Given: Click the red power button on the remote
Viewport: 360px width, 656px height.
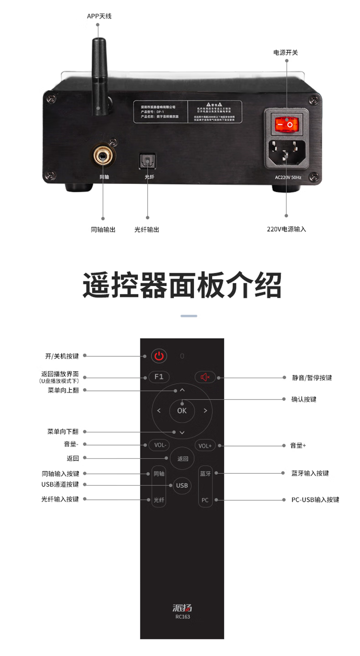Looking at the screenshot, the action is point(159,356).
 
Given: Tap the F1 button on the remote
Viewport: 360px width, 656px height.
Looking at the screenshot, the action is point(159,377).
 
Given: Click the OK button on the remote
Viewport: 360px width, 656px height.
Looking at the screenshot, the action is point(182,410).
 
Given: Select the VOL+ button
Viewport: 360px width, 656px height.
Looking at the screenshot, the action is point(205,446).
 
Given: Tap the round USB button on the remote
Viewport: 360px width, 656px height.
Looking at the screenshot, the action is point(182,485).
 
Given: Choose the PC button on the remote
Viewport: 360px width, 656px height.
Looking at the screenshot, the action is point(205,500).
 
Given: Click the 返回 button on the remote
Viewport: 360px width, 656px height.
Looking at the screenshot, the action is point(182,458).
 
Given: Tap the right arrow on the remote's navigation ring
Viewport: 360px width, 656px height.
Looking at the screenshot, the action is point(206,410).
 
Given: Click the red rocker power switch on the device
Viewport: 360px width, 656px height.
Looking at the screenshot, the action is point(287,124).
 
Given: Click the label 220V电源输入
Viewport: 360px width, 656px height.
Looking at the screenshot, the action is point(287,229).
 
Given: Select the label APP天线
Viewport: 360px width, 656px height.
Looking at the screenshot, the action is point(99,16).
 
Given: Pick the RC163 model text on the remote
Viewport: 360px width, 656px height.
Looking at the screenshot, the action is point(182,617).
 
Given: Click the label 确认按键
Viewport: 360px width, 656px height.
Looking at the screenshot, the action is point(304,400).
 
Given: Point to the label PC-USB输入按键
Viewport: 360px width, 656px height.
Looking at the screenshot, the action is point(315,500).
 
